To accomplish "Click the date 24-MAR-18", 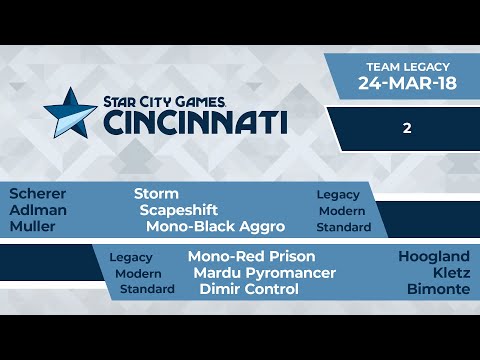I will [x=407, y=84].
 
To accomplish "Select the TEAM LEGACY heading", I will [x=407, y=65].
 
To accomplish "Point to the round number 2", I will [x=408, y=128].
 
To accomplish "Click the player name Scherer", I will [x=37, y=193].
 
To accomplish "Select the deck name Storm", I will [x=156, y=193].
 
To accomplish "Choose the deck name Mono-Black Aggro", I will [x=215, y=227].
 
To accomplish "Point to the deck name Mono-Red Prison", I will [x=251, y=256].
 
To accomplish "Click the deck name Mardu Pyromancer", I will [x=264, y=273].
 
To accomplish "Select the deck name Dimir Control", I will [x=249, y=289].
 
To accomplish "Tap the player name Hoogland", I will [x=434, y=256].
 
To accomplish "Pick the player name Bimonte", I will [x=439, y=289].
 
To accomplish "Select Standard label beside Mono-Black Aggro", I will [x=345, y=227].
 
